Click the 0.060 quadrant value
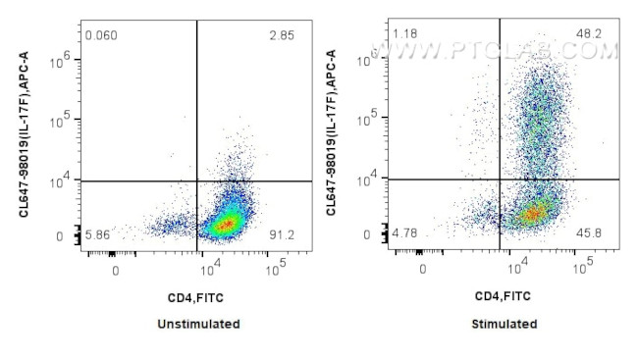pyautogui.click(x=101, y=36)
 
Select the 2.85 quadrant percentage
pyautogui.click(x=282, y=36)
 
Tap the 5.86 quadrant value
pyautogui.click(x=98, y=235)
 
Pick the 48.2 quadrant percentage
pyautogui.click(x=589, y=34)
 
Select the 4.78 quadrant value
pyautogui.click(x=404, y=233)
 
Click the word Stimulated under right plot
pyautogui.click(x=505, y=324)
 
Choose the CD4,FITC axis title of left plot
pyautogui.click(x=198, y=295)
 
